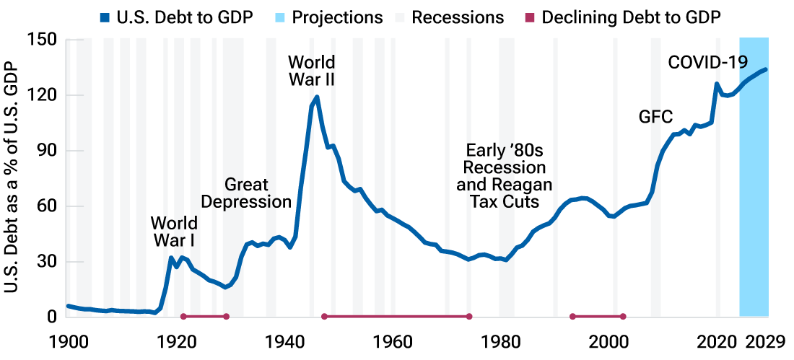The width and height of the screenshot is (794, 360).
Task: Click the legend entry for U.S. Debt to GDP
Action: [177, 17]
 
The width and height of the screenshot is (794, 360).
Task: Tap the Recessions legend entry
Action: [458, 17]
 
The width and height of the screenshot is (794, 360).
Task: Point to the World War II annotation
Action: [311, 70]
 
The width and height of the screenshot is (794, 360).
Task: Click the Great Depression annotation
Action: [246, 193]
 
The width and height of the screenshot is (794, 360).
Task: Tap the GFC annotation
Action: [655, 116]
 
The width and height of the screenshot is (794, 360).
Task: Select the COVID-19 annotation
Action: [707, 62]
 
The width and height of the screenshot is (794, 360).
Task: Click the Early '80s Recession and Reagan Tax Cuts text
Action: [505, 176]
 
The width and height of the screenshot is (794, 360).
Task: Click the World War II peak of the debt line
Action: [317, 97]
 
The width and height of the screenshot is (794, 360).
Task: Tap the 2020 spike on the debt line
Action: [717, 84]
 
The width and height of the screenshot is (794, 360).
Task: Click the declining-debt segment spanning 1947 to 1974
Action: [396, 316]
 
